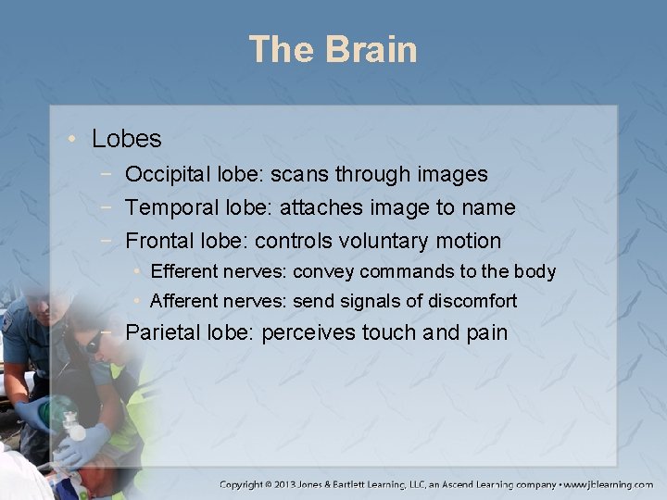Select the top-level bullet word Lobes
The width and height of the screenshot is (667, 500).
pyautogui.click(x=127, y=140)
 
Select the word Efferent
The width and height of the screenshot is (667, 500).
pyautogui.click(x=182, y=271)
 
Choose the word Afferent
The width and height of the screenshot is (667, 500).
pyautogui.click(x=182, y=301)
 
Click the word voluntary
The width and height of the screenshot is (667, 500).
pyautogui.click(x=384, y=242)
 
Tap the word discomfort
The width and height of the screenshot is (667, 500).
pyautogui.click(x=471, y=301)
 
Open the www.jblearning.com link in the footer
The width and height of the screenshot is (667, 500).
pyautogui.click(x=610, y=484)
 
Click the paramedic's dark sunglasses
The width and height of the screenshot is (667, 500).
pyautogui.click(x=94, y=345)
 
